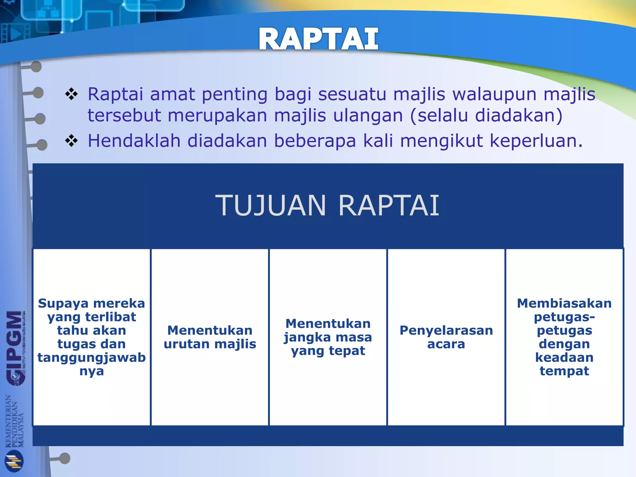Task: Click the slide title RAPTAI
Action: pyautogui.click(x=318, y=39)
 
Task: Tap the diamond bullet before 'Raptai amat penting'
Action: pyautogui.click(x=71, y=94)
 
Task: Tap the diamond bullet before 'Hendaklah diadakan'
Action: pyautogui.click(x=71, y=141)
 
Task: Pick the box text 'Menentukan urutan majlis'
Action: pyautogui.click(x=210, y=337)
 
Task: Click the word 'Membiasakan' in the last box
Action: pyautogui.click(x=564, y=303)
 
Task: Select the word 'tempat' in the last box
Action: pyautogui.click(x=564, y=371)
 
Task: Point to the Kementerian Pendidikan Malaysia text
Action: pyautogui.click(x=14, y=421)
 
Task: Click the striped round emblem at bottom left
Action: pyautogui.click(x=14, y=461)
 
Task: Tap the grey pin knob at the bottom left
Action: pyautogui.click(x=65, y=458)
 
